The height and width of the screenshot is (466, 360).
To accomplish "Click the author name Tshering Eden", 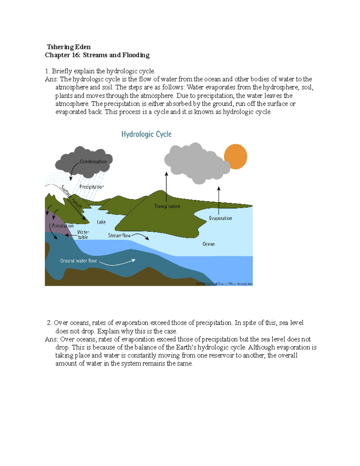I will (69, 47).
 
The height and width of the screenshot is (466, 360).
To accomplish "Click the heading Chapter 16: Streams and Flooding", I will (97, 55).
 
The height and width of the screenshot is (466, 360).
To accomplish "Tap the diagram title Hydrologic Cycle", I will (146, 134).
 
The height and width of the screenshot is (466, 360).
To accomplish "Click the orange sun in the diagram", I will (236, 156).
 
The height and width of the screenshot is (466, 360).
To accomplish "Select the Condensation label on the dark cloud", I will (93, 161).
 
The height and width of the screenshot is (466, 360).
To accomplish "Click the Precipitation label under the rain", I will (91, 187).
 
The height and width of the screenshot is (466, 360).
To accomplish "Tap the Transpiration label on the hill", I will (167, 206).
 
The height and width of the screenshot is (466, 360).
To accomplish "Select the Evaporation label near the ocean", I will (220, 218).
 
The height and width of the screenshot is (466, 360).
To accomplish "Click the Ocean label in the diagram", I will (208, 244).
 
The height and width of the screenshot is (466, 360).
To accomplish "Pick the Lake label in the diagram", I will (101, 222).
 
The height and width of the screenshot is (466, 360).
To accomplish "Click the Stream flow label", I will (119, 236).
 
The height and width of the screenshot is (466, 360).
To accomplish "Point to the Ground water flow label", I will (78, 261).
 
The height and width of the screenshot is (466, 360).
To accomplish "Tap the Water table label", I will (83, 235).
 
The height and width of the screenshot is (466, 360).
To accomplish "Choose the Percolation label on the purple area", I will (63, 226).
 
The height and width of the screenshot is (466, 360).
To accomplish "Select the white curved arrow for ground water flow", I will (117, 263).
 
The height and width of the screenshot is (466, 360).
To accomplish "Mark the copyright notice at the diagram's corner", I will (224, 284).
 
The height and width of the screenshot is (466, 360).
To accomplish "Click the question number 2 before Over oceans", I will (49, 323).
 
